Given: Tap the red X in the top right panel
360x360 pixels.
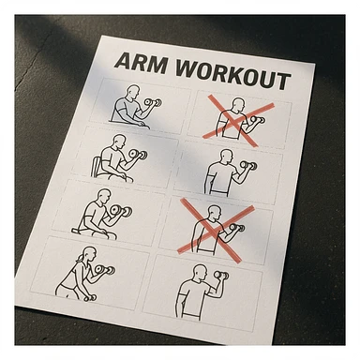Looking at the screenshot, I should click(238, 116).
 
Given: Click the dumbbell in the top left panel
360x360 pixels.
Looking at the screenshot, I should click(153, 102).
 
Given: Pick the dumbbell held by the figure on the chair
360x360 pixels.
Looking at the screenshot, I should click(138, 154).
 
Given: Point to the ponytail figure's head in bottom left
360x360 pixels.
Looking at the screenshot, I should click(77, 255).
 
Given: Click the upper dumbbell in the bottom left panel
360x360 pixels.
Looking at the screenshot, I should click(105, 271).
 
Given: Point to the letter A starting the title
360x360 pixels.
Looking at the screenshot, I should click(121, 62).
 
